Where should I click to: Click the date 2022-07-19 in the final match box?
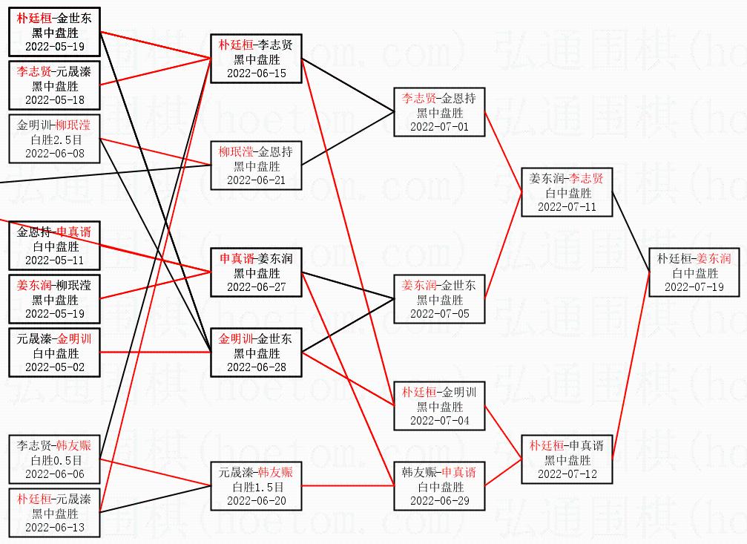coord(694,287)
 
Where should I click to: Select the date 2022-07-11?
coord(567,207)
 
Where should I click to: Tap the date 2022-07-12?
coord(567,474)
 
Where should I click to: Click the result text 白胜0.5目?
coord(56,460)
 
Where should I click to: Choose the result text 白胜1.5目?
coord(256,487)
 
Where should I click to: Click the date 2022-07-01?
coord(440,127)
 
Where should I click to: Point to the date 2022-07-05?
coord(440,314)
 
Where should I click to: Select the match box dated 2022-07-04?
coord(440,407)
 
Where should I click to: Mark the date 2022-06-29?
coord(440,501)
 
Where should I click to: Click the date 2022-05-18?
coord(56,100)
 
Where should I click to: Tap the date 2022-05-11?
coord(56,260)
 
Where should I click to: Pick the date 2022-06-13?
coord(56,528)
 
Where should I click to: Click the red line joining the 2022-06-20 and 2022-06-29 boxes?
coord(349,487)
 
